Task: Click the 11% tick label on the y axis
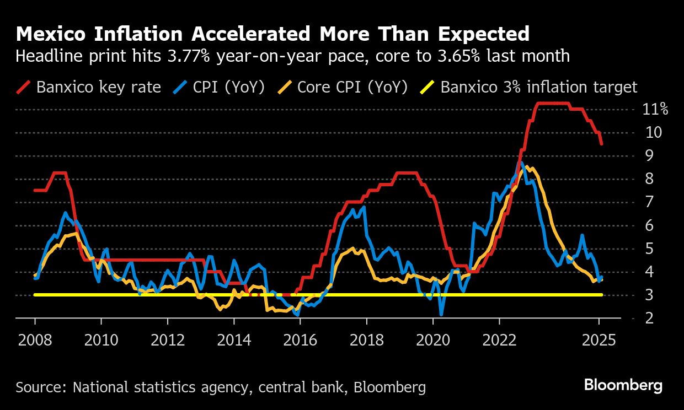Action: point(655,109)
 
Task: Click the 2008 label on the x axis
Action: point(35,339)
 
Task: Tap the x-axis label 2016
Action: point(301,339)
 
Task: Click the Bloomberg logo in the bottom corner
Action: point(623,385)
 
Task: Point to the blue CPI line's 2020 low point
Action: point(441,314)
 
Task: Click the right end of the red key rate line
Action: point(601,144)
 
